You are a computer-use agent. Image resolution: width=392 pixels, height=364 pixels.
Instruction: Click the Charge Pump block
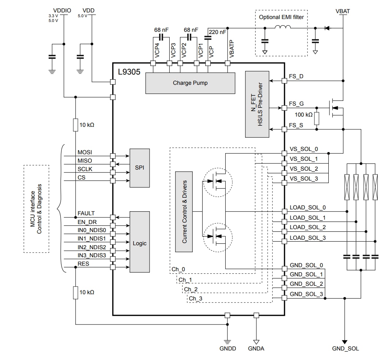pyautogui.click(x=190, y=83)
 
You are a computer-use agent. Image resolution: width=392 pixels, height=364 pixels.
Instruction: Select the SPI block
pyautogui.click(x=139, y=168)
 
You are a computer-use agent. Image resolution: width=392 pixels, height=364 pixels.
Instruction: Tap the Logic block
pyautogui.click(x=139, y=243)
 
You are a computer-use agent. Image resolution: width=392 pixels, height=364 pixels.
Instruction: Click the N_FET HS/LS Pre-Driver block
pyautogui.click(x=257, y=105)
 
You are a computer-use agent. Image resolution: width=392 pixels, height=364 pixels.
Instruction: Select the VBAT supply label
pyautogui.click(x=343, y=11)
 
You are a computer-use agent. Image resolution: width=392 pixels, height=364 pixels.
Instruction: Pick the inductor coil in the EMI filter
pyautogui.click(x=283, y=27)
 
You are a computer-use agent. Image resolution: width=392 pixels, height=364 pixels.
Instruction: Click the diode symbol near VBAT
pyautogui.click(x=327, y=28)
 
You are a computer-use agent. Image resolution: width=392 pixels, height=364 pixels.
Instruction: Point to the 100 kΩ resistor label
pyautogui.click(x=304, y=115)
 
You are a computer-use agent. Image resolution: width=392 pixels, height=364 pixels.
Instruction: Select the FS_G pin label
pyautogui.click(x=296, y=104)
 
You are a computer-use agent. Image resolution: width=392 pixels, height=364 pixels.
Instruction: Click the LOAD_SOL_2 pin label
pyautogui.click(x=308, y=227)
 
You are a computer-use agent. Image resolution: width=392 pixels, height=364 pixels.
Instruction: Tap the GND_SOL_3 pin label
pyautogui.click(x=306, y=294)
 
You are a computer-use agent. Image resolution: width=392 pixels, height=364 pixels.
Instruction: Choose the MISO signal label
pyautogui.click(x=85, y=161)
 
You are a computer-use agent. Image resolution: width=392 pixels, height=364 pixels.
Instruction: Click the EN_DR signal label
pyautogui.click(x=87, y=222)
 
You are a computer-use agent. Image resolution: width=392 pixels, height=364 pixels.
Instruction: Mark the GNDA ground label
pyautogui.click(x=256, y=348)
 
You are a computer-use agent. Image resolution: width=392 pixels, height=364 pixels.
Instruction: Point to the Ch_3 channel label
pyautogui.click(x=196, y=299)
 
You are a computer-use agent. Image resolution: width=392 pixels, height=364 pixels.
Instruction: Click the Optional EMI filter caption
pyautogui.click(x=281, y=17)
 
